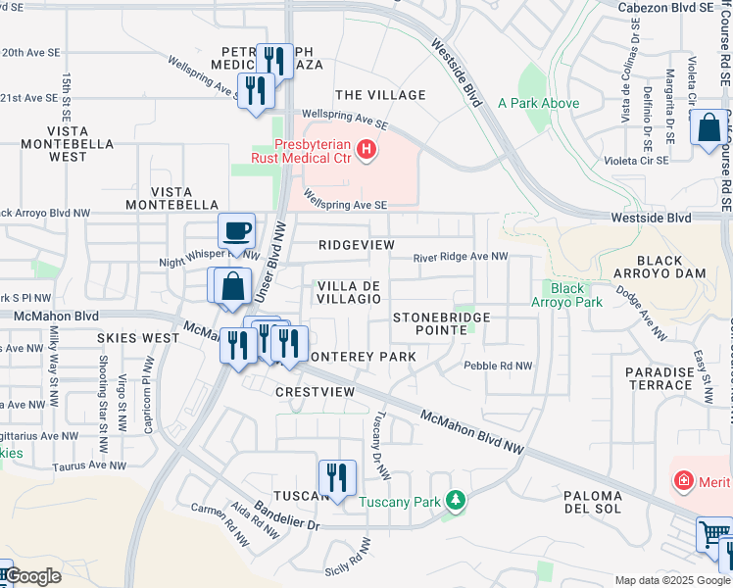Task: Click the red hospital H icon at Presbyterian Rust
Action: (366, 149)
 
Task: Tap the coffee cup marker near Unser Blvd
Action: (236, 232)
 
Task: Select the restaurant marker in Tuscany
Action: (337, 478)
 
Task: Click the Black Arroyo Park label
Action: (575, 295)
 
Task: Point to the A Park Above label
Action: (538, 103)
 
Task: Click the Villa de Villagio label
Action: (348, 291)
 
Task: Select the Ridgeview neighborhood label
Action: (357, 244)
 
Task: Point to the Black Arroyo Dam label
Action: (671, 267)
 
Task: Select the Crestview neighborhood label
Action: (315, 391)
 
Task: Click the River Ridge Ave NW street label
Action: (461, 257)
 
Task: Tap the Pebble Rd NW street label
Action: (498, 366)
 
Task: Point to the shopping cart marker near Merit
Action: (713, 535)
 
